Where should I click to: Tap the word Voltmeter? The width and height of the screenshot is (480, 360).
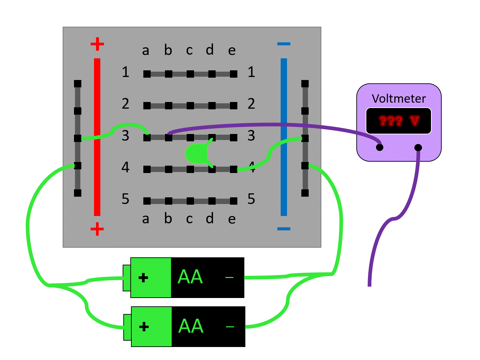click(399, 99)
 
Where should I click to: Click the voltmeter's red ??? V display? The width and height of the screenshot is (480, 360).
click(399, 121)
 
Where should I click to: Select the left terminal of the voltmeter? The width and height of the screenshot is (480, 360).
click(379, 147)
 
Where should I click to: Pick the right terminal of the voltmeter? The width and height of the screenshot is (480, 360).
click(418, 147)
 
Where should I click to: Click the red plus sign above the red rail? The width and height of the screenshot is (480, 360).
click(97, 44)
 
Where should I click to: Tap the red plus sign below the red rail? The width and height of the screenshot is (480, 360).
click(97, 229)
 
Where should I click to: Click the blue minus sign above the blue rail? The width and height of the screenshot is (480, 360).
click(284, 44)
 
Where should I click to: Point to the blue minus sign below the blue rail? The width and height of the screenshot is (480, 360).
click(284, 229)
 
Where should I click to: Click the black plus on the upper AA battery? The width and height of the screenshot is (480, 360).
click(143, 278)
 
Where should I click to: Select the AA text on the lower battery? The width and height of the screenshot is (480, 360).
click(191, 326)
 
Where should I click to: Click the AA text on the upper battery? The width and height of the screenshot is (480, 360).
click(190, 277)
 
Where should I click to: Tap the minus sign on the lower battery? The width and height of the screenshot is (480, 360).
click(230, 327)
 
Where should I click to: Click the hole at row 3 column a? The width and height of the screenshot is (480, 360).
click(147, 137)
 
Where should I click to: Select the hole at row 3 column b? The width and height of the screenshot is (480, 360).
click(169, 137)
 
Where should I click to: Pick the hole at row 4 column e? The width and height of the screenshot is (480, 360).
click(234, 169)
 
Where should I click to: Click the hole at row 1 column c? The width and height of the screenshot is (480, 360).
click(190, 74)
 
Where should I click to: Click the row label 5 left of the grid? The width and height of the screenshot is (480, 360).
click(125, 199)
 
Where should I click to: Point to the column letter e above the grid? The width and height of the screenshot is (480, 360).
click(232, 51)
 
